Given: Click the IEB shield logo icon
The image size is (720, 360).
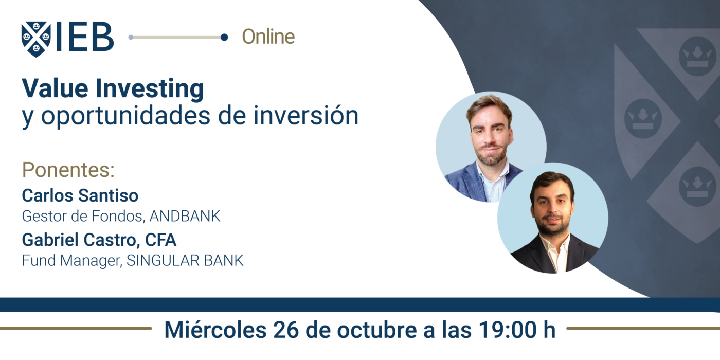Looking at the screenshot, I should (x=36, y=39).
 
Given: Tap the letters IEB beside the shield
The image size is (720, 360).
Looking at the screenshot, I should (x=85, y=38).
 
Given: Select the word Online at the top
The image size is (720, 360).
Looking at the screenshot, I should (x=268, y=37).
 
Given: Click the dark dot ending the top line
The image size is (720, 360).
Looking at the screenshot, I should (x=224, y=37).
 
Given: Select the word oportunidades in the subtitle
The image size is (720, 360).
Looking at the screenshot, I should (x=123, y=116).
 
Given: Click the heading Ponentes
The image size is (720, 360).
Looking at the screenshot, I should (x=68, y=170).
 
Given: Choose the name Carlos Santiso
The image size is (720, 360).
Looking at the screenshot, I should (x=80, y=196).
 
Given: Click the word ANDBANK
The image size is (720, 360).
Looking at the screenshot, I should (x=185, y=216).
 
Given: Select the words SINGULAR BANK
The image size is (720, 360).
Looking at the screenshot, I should (x=185, y=261).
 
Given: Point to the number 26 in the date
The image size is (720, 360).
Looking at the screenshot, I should (x=278, y=330).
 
